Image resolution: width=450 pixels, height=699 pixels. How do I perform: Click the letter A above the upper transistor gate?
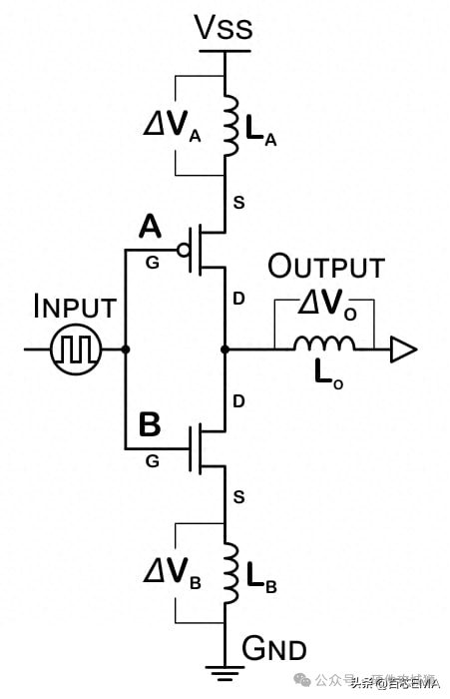151,228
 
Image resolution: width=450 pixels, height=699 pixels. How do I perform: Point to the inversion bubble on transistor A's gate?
185,250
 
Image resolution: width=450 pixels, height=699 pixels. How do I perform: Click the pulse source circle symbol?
77,349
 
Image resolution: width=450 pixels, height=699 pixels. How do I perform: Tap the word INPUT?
75,307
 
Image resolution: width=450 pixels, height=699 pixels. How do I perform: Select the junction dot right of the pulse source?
125,349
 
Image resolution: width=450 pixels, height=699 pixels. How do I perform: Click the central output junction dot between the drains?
225,349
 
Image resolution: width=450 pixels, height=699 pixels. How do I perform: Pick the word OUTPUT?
325,268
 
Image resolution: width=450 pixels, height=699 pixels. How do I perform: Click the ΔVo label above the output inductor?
325,307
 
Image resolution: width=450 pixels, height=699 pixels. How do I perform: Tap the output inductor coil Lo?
323,346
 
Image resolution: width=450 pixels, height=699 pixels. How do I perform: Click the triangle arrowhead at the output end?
402,349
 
